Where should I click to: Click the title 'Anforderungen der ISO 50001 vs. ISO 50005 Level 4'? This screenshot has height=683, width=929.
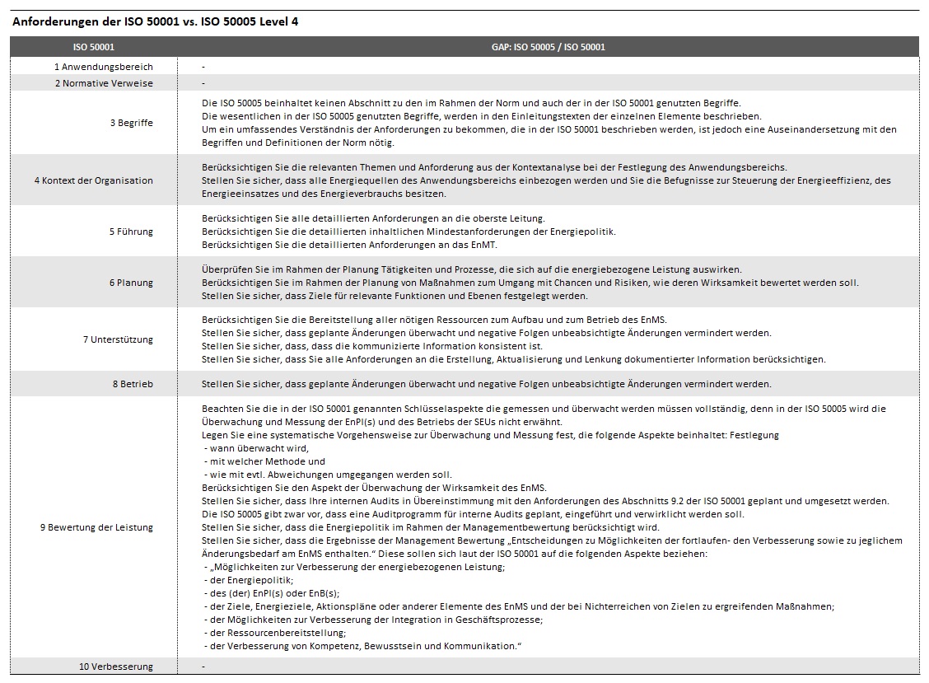(156, 21)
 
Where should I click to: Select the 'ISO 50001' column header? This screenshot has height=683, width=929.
(94, 47)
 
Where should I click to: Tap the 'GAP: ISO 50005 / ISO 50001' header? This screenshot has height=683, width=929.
(548, 47)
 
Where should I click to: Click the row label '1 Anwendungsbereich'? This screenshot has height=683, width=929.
(104, 67)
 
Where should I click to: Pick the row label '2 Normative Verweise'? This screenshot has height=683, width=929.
(104, 83)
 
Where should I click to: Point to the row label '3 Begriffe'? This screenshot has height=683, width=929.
(131, 123)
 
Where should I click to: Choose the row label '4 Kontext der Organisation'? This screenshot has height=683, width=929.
(93, 180)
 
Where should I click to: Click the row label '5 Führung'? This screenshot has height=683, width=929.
(131, 232)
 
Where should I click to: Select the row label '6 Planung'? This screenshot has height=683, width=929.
(131, 283)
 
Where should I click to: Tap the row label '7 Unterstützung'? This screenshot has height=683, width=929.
(118, 339)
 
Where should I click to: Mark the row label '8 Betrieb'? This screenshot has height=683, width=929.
(133, 384)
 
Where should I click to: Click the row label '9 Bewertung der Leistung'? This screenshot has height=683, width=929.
(96, 527)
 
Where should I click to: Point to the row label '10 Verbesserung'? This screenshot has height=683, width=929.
(116, 667)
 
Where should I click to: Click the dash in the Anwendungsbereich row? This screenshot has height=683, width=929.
(203, 67)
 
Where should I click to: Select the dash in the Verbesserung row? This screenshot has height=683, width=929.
(203, 667)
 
